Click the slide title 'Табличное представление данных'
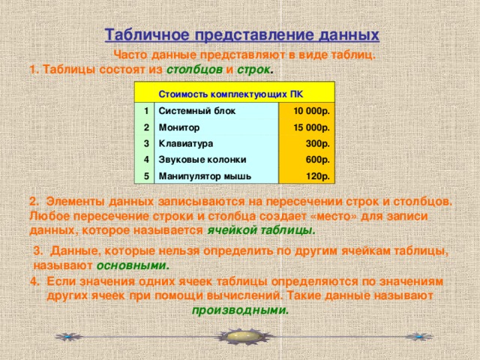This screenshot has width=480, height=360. click(x=241, y=35)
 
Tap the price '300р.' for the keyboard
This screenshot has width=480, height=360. click(x=319, y=144)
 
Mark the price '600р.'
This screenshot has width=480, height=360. click(x=319, y=160)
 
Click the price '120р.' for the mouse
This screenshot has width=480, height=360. click(x=319, y=176)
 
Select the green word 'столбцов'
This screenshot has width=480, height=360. click(x=193, y=70)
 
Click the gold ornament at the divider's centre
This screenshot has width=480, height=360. click(x=240, y=337)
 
